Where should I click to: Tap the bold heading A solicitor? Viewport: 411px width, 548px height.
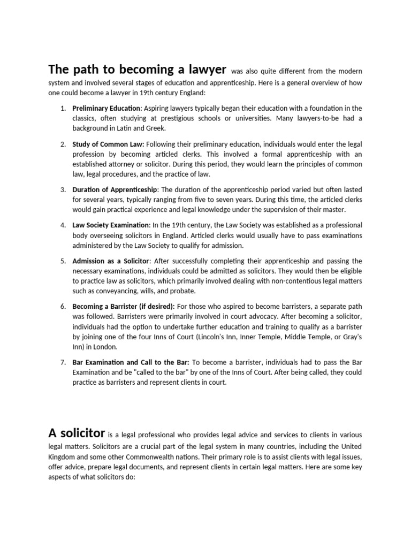77,433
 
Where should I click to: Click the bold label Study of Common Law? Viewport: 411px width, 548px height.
108,144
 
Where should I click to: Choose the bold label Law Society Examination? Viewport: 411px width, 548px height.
111,225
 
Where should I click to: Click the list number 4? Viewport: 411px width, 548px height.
63,225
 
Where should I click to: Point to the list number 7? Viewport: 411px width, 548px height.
63,362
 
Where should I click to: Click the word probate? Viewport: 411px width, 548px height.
184,291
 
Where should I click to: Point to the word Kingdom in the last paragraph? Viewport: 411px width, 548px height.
63,456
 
